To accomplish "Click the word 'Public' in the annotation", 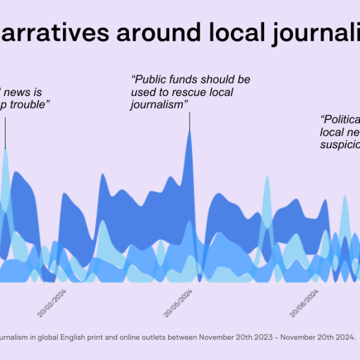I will click(152, 79).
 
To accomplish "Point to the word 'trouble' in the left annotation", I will click(29, 105).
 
